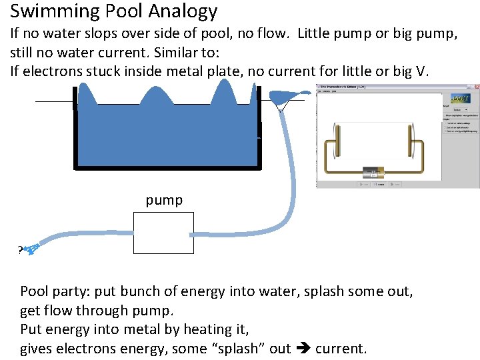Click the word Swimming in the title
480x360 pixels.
[x=51, y=11]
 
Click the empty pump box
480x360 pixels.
[x=163, y=233]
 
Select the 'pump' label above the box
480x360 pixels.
[x=164, y=200]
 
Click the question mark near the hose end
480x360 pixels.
[x=19, y=251]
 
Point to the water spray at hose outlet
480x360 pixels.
[x=31, y=250]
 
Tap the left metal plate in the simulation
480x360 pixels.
[x=337, y=141]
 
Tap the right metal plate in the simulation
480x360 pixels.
[x=409, y=141]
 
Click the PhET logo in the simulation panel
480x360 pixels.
[x=463, y=97]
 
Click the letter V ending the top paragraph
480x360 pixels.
[x=419, y=71]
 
